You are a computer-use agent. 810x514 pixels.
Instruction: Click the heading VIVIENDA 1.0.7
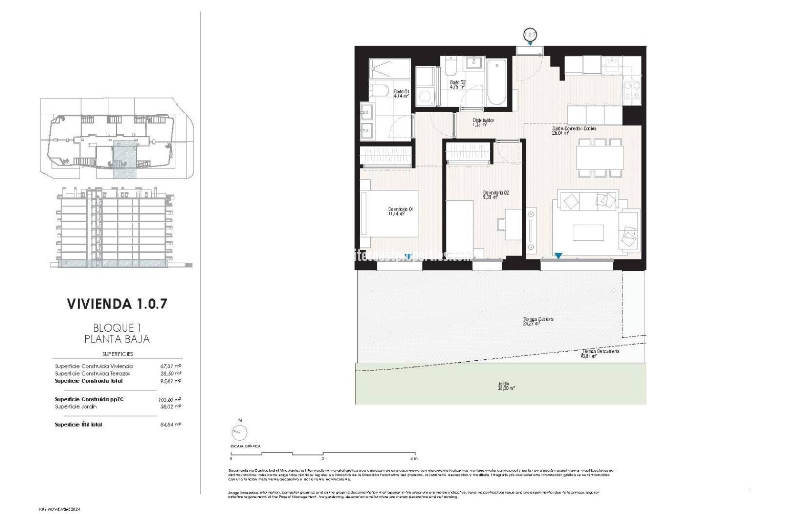pyautogui.click(x=117, y=304)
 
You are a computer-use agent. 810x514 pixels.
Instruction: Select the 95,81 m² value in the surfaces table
pyautogui.click(x=170, y=381)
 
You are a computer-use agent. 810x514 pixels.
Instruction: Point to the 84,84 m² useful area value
pyautogui.click(x=170, y=425)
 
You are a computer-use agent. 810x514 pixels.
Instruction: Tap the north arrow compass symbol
pyautogui.click(x=239, y=432)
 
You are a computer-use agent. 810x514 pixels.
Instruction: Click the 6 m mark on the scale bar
pyautogui.click(x=415, y=459)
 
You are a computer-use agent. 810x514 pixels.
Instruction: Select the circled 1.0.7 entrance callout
pyautogui.click(x=530, y=34)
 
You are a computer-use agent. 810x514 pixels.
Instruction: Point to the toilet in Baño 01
pyautogui.click(x=379, y=91)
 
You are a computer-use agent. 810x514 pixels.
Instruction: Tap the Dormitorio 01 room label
pyautogui.click(x=400, y=209)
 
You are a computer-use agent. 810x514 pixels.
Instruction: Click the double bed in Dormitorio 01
pyautogui.click(x=390, y=214)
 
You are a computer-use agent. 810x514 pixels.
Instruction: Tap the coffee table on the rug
pyautogui.click(x=588, y=232)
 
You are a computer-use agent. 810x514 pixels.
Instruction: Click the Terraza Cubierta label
pyautogui.click(x=538, y=319)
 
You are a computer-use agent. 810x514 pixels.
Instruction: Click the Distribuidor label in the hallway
pyautogui.click(x=483, y=120)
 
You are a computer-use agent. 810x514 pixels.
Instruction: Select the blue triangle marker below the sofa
pyautogui.click(x=558, y=256)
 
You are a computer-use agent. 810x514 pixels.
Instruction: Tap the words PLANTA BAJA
pyautogui.click(x=117, y=339)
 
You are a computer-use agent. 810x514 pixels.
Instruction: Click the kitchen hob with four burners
pyautogui.click(x=631, y=90)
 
